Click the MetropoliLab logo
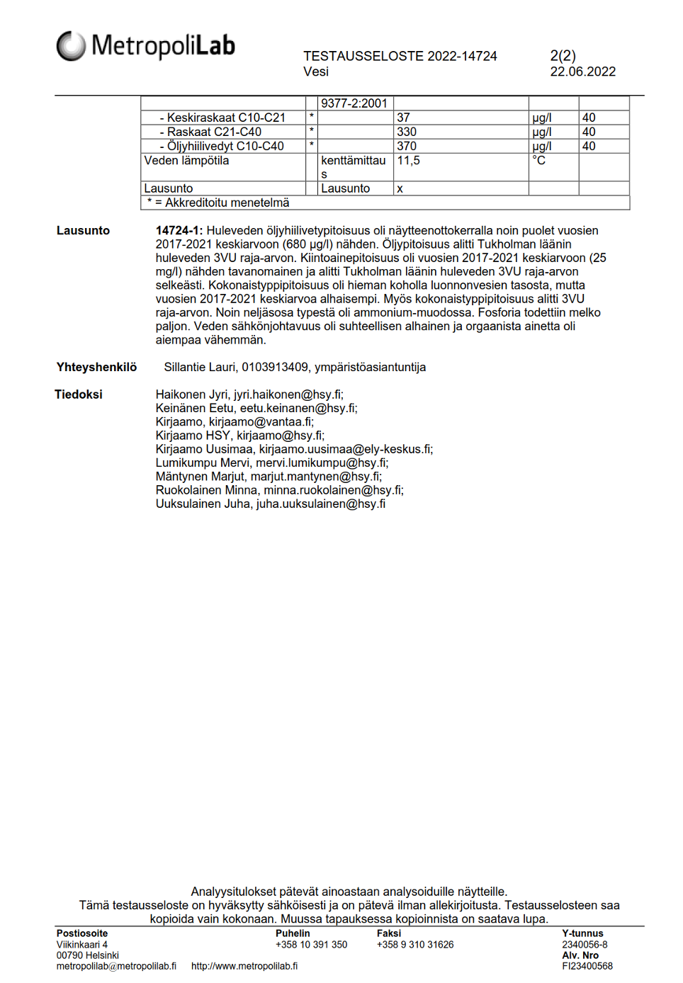145,46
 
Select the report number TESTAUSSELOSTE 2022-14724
400,56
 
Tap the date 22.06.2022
582,72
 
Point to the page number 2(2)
563,55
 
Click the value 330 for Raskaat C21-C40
407,132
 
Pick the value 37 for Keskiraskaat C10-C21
403,118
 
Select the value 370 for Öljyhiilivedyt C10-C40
407,146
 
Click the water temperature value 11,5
408,161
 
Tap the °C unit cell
539,161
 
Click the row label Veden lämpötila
186,161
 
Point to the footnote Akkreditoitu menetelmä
221,203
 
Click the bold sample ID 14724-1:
179,231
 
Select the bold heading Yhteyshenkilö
96,367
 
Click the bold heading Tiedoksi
79,394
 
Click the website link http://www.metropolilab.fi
244,966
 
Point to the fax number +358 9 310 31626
415,945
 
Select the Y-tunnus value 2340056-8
585,945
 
